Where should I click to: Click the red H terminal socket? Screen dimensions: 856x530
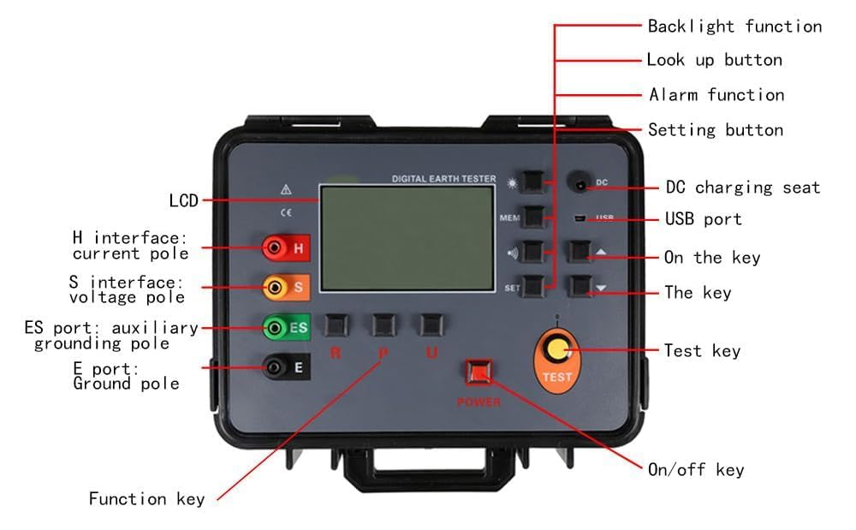coord(274,248)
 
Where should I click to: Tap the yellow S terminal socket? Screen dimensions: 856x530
coord(274,288)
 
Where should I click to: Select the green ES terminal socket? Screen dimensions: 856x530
coord(273,327)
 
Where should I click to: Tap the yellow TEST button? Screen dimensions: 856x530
coord(558,349)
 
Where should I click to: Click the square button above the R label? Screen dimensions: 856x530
coord(335,325)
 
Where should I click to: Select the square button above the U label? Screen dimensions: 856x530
coord(431,325)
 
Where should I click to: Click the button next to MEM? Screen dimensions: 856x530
coord(533,217)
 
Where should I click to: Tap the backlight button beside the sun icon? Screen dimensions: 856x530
coord(534,181)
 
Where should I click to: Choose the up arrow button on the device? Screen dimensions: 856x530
coord(581,251)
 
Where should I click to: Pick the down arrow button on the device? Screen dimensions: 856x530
coord(581,286)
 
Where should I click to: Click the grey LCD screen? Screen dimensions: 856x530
coord(407,237)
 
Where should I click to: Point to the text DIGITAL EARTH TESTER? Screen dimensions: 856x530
coord(443,179)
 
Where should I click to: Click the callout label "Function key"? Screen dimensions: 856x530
coord(146,498)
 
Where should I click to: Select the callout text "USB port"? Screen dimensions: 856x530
coord(703,219)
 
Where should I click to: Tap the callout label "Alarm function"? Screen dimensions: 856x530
coord(716,94)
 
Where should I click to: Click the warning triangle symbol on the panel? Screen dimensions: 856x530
coord(286,189)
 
